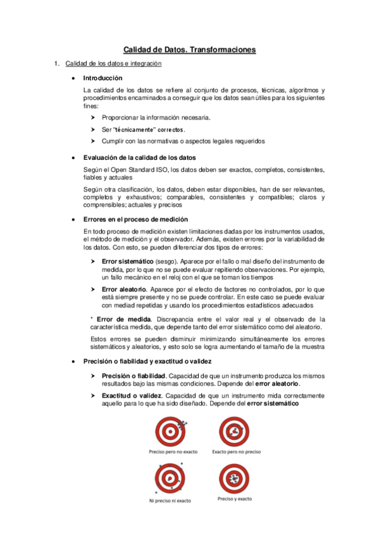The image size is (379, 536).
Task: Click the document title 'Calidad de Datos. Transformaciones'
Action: coord(190,49)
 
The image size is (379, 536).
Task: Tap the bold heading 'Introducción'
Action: coord(103,78)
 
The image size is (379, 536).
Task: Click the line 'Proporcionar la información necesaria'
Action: coord(156,118)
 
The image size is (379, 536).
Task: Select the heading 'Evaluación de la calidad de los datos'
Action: coord(140,157)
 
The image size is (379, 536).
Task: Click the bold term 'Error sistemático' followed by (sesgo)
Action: coord(127,260)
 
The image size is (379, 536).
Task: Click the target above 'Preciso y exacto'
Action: coord(234,478)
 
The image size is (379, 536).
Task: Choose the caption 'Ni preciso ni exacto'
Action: coord(170,501)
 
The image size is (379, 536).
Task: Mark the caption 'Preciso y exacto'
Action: coord(234,499)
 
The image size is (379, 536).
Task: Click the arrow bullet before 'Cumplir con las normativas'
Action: coord(93,141)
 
